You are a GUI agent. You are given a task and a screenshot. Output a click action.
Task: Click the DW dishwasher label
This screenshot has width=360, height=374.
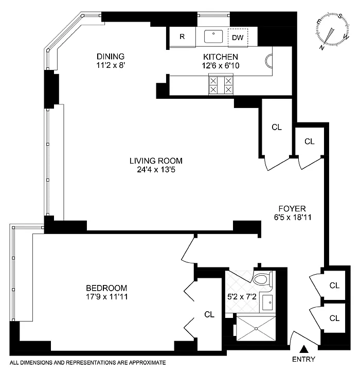tap(238, 38)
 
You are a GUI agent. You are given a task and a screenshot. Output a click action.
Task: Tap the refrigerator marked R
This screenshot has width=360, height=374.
tap(182, 37)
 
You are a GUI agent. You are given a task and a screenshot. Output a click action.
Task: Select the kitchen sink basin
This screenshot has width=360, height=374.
tap(213, 36)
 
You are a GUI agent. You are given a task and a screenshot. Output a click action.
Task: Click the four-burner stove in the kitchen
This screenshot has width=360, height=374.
tap(221, 85)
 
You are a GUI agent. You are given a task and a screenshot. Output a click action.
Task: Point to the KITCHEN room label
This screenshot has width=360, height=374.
tap(221, 57)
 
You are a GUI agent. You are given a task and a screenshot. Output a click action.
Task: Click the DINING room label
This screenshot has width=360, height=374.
tap(111, 56)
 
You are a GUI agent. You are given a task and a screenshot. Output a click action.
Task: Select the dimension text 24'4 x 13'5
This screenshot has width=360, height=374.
tap(156, 170)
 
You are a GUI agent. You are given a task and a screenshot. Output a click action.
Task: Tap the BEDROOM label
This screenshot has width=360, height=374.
tap(106, 288)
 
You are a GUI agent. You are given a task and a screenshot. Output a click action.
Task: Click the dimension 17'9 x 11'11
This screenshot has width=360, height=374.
tap(107, 297)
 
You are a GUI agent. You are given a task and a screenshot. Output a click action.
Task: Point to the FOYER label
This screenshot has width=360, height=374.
tap(292, 209)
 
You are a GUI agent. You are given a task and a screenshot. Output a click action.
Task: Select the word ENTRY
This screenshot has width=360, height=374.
tap(304, 359)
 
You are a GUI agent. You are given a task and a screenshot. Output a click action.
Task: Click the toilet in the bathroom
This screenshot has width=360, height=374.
tap(263, 279)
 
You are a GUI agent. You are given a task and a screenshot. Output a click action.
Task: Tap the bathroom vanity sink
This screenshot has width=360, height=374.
tap(268, 302)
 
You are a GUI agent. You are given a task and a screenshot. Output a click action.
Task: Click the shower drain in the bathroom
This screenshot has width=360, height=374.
tap(256, 328)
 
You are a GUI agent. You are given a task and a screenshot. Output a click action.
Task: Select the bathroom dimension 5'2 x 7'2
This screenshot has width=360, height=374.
tap(242, 297)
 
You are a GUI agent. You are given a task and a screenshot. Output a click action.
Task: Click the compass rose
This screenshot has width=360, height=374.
tap(333, 30)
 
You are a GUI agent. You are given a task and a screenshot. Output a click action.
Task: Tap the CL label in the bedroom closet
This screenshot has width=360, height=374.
tap(209, 314)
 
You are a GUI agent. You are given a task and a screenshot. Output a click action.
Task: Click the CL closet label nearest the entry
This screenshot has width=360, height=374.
tap(334, 318)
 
